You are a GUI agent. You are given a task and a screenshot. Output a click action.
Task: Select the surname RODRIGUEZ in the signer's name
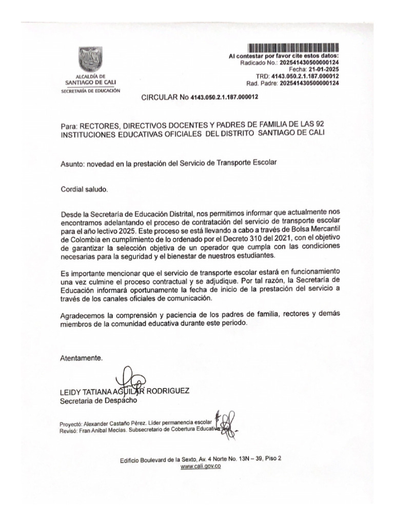coord(168,391)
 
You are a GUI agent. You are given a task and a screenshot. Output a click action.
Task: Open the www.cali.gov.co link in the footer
coord(201,467)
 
